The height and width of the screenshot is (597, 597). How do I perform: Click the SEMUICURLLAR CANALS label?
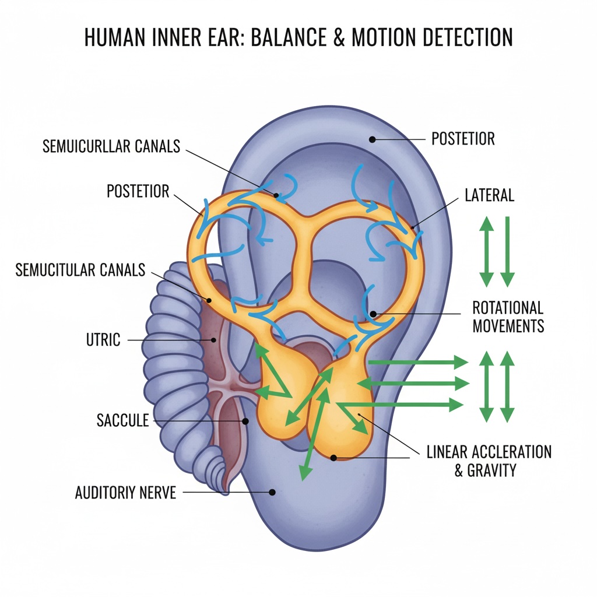pyautogui.click(x=111, y=146)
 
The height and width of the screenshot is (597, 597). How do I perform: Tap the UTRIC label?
pyautogui.click(x=103, y=339)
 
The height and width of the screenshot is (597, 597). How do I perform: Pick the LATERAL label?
pyautogui.click(x=489, y=195)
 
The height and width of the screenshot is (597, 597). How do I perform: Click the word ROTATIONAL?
pyautogui.click(x=508, y=307)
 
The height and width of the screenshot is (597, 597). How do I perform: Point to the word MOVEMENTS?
pyautogui.click(x=508, y=325)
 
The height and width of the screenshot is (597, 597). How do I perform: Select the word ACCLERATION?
pyautogui.click(x=511, y=452)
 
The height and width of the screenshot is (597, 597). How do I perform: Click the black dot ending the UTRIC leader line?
pyautogui.click(x=214, y=340)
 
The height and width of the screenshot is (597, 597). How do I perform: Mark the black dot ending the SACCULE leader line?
pyautogui.click(x=245, y=421)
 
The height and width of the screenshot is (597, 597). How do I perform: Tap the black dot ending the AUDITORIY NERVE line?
pyautogui.click(x=272, y=493)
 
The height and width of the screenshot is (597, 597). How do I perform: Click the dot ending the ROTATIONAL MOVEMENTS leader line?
pyautogui.click(x=373, y=314)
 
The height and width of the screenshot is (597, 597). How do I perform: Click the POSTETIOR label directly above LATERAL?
pyautogui.click(x=463, y=139)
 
